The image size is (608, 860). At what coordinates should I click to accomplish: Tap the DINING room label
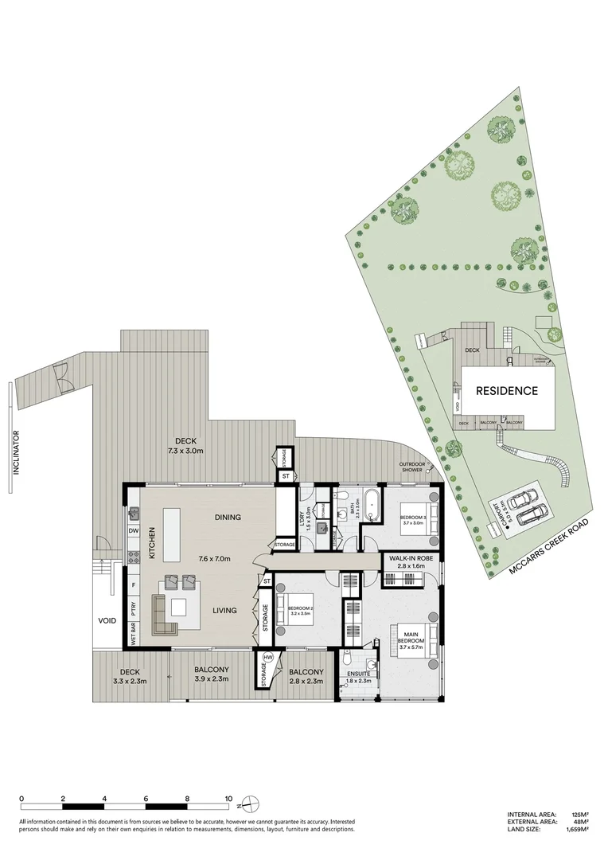tap(228, 518)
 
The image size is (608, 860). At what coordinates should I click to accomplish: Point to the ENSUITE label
tap(359, 674)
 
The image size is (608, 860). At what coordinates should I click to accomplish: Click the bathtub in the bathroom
tap(371, 504)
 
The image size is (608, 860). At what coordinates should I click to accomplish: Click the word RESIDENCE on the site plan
tap(507, 390)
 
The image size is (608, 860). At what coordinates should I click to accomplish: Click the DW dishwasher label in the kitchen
tap(134, 530)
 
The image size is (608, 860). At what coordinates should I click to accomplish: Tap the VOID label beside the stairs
tap(107, 620)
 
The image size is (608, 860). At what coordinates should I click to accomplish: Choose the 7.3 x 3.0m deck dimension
tap(186, 451)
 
